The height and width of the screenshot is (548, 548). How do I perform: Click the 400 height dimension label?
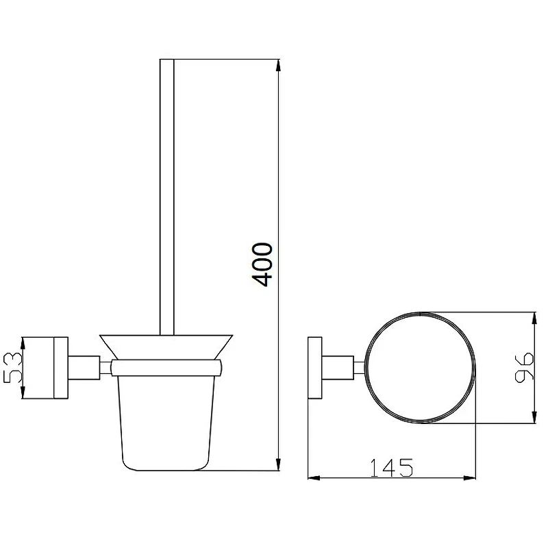262,264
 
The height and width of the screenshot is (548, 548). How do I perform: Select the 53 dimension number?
13,367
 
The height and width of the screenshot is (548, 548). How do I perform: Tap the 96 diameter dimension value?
524,367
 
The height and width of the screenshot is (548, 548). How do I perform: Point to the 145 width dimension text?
391,468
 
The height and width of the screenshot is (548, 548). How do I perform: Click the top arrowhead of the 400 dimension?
278,65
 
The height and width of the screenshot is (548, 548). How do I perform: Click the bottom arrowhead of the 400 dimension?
278,464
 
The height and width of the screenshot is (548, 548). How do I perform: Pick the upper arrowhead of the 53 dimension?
23,343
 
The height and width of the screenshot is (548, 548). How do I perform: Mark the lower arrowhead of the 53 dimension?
23,392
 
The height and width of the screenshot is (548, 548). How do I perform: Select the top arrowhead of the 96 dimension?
534,319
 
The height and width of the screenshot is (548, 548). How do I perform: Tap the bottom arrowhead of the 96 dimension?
534,417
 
